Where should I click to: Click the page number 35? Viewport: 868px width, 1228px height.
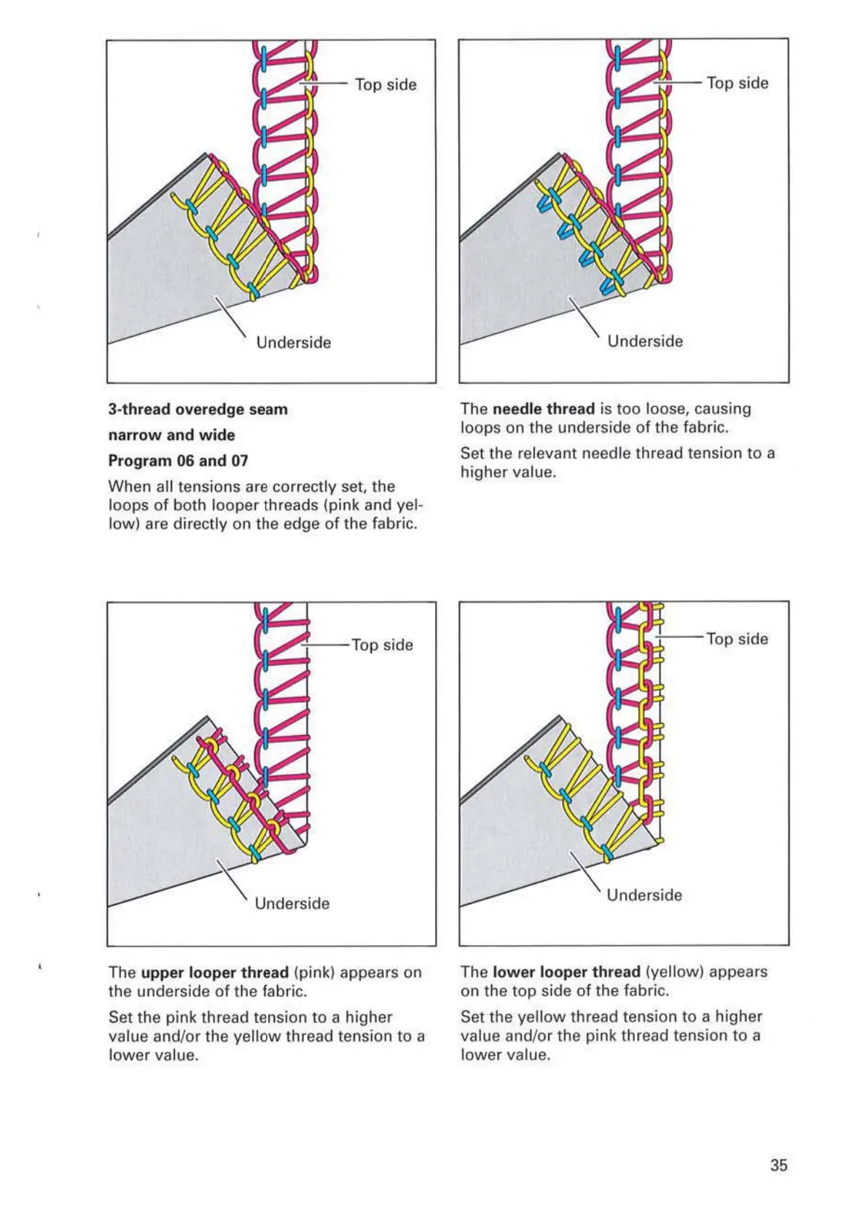(x=778, y=1165)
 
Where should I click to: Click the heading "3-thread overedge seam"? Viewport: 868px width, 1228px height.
(x=198, y=410)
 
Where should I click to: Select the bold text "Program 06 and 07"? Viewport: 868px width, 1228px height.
(x=178, y=461)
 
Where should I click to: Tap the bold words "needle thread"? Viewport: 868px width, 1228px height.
(x=544, y=409)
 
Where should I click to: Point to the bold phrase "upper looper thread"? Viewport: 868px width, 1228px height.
(x=215, y=973)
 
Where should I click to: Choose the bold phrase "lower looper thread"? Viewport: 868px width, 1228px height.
(x=566, y=972)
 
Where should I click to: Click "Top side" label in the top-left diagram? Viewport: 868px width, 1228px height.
(x=386, y=85)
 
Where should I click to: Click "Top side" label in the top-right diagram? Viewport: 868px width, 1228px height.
(x=738, y=83)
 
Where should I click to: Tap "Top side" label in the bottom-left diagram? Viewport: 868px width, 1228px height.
(x=382, y=645)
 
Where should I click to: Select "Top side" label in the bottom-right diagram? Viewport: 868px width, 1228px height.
(x=737, y=640)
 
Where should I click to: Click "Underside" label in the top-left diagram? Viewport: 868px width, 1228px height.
(x=294, y=343)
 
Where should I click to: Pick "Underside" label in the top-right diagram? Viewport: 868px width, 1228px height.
(x=645, y=341)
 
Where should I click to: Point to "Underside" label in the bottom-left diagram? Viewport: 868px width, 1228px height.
(x=292, y=903)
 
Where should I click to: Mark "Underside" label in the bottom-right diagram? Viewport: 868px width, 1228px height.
(x=644, y=895)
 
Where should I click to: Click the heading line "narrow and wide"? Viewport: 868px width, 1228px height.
(x=171, y=435)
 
